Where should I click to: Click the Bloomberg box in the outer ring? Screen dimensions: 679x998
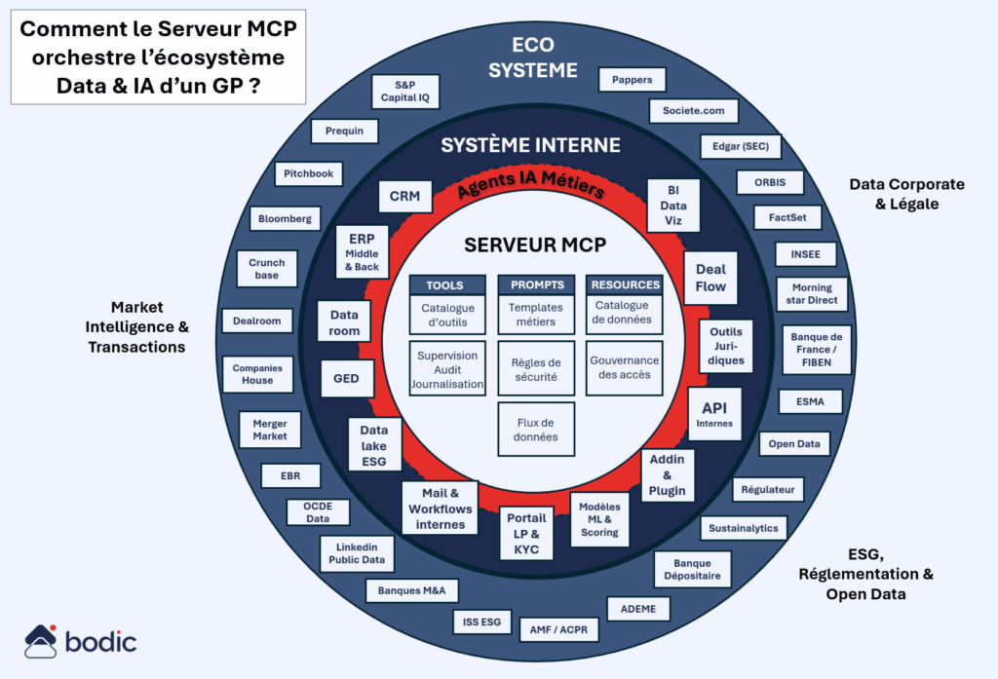tap(285, 219)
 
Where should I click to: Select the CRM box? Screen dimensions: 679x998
tap(404, 196)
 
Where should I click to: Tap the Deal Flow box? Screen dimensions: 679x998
tap(710, 278)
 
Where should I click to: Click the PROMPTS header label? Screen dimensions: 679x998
tap(536, 285)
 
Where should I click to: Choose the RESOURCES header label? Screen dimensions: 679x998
tap(625, 285)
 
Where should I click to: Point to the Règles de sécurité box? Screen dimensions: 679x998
tap(536, 369)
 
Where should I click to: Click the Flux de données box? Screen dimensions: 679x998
tap(536, 430)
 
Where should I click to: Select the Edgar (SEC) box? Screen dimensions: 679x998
tap(740, 146)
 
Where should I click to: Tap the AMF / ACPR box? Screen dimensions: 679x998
tap(558, 628)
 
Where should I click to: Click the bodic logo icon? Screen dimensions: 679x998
tap(42, 641)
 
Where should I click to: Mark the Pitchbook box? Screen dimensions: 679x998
tap(309, 173)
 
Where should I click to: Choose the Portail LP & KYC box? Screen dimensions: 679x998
tap(526, 533)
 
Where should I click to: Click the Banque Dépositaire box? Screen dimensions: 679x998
tap(692, 570)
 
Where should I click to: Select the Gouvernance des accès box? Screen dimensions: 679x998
tap(625, 367)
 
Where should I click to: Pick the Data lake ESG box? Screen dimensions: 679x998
tap(374, 445)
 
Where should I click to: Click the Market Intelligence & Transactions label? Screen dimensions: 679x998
tap(136, 326)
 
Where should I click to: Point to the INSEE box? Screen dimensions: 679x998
tap(805, 255)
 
